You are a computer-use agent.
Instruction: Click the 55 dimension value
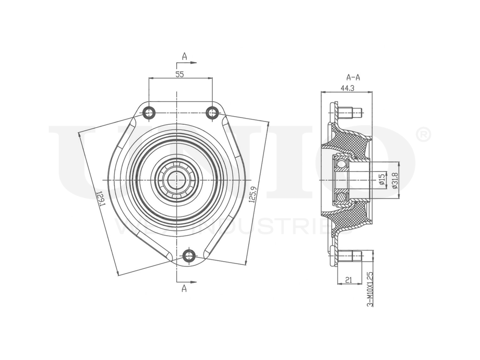pos(180,74)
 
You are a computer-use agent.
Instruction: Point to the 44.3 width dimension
pos(347,88)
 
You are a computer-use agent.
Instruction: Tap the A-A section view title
pos(353,77)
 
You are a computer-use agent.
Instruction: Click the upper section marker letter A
pos(184,56)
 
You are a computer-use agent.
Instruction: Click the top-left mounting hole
pos(149,113)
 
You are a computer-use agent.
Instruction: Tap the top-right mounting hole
pos(212,113)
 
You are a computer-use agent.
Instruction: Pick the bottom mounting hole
pos(190,255)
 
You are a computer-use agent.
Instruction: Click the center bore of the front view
pos(177,180)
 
